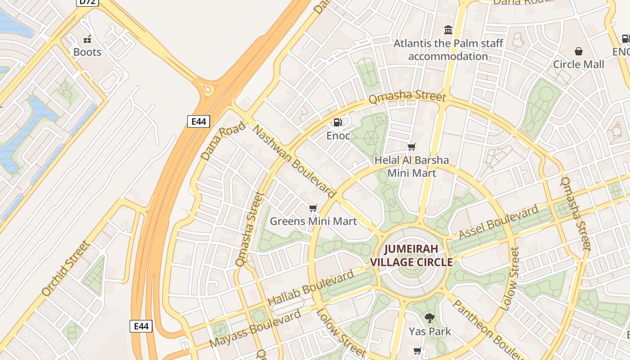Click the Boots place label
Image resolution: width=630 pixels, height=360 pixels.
coord(87,52)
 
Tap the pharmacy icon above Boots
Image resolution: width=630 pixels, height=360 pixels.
coord(87,39)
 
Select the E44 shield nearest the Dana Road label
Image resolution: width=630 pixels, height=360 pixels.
coord(198,121)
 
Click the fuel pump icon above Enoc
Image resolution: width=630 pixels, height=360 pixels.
coord(337,122)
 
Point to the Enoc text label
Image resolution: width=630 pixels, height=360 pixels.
coord(338,135)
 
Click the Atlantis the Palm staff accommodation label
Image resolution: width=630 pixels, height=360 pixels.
coord(448,50)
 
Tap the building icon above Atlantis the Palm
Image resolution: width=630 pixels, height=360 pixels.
coord(448,30)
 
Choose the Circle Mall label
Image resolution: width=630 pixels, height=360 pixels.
coord(578,64)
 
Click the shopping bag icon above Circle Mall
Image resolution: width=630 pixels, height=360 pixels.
coord(579,51)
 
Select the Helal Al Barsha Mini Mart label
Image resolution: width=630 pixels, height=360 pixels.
coord(412,166)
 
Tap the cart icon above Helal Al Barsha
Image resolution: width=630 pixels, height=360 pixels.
coord(411,147)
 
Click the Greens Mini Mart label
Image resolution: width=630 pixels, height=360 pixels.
coord(313,221)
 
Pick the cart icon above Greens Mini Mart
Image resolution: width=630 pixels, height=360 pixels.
coord(313,208)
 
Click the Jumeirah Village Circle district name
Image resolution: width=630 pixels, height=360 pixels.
coord(411,255)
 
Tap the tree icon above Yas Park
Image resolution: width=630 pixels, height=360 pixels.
coord(430,318)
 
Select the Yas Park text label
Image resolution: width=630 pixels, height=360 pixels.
coord(430,332)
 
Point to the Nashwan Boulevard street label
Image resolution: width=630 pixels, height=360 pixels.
coord(295,162)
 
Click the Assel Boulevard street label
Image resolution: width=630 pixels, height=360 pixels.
coord(499,222)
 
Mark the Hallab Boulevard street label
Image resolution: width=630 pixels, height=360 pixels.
coord(311,288)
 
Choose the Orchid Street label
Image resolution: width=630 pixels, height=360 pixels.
coord(66,269)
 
